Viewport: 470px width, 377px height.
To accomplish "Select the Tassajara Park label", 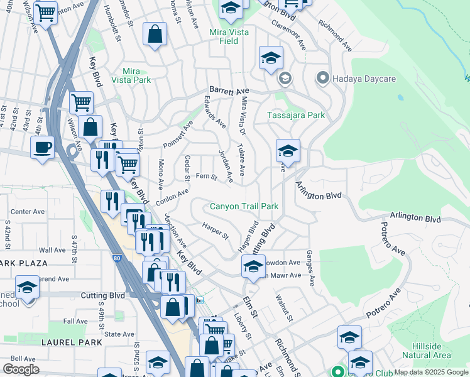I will pyautogui.click(x=296, y=115).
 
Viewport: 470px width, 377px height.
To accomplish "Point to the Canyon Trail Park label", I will pyautogui.click(x=244, y=206).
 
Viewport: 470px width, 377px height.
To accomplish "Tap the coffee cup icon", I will pyautogui.click(x=43, y=148).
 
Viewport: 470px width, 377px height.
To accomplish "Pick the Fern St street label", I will pyautogui.click(x=207, y=177).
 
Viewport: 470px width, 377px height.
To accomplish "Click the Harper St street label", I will pyautogui.click(x=215, y=230).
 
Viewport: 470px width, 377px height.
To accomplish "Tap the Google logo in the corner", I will pyautogui.click(x=21, y=369).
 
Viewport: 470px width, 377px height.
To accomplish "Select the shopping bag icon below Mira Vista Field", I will pyautogui.click(x=155, y=35).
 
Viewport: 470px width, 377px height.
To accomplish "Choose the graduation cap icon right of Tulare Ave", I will pyautogui.click(x=288, y=151).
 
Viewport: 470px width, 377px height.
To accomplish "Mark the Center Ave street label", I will pyautogui.click(x=28, y=212).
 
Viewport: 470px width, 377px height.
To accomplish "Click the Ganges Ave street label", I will pyautogui.click(x=310, y=265).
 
